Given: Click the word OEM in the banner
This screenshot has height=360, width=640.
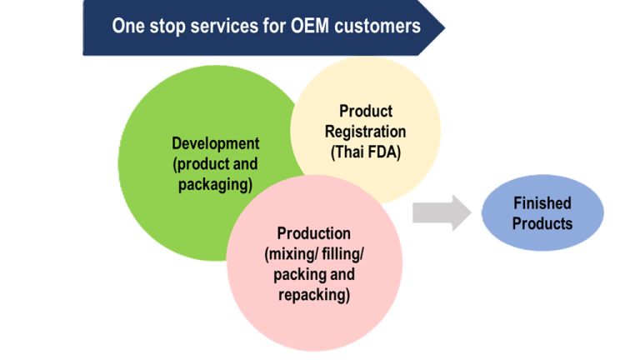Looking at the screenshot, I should [312, 26].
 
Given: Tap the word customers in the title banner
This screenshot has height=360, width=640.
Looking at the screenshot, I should [378, 26].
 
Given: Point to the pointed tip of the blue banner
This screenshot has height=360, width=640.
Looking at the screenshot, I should [445, 27].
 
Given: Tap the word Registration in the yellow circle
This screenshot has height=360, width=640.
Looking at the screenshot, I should [365, 132].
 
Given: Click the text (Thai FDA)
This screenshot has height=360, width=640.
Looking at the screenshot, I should [365, 152].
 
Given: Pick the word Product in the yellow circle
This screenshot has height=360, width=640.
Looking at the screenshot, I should [365, 111].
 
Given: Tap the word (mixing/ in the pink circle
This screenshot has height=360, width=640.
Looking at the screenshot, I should [288, 254].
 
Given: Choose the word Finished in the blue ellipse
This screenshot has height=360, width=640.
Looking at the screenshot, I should [542, 202].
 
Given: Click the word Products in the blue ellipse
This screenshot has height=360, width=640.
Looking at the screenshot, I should [542, 223].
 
